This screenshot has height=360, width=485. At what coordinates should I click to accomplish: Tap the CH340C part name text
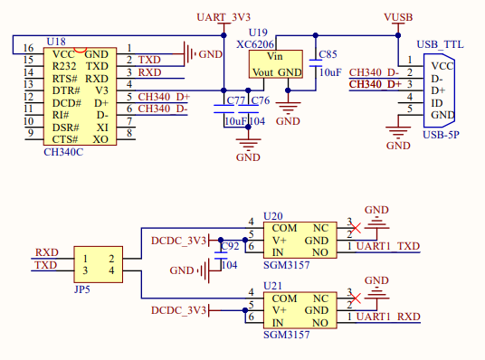pos(62,151)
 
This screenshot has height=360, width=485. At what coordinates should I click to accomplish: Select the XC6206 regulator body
pos(277,62)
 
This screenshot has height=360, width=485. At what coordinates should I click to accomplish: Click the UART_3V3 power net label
pos(223,18)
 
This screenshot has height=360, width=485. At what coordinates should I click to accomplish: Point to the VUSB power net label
pos(398,18)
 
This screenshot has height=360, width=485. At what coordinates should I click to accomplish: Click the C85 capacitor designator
pos(328,55)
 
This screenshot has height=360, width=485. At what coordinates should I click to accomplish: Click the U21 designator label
pos(272,285)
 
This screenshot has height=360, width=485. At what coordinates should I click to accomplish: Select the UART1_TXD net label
pos(388,247)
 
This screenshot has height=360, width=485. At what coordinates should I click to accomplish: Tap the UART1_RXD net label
pos(388,317)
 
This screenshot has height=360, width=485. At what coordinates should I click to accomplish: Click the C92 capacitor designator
pos(230,246)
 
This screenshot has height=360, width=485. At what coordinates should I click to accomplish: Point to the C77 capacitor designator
pos(235,99)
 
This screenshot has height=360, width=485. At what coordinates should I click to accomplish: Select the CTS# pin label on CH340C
pos(65,139)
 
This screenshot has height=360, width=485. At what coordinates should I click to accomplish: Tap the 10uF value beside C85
pos(328,71)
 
